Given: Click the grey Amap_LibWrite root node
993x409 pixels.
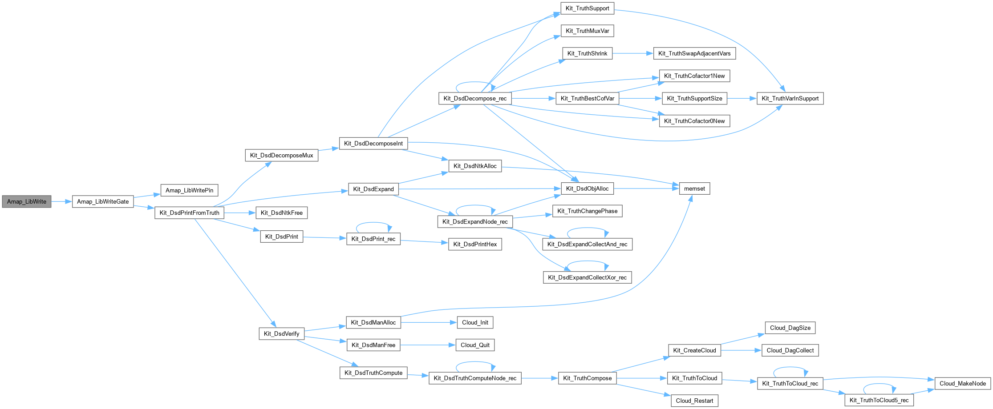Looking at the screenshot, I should point(27,201).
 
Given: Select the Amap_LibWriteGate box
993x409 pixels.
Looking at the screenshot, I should point(103,201).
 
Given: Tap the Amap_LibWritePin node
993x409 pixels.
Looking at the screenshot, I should point(189,190).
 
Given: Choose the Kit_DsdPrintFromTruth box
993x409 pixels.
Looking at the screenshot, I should point(189,213).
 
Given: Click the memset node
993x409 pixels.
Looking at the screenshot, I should point(694,188).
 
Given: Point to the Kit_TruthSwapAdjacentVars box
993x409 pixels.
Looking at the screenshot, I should point(694,53).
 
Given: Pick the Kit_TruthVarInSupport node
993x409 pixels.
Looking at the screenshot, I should point(790,98).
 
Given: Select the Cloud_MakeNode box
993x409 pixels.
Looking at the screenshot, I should point(963,383).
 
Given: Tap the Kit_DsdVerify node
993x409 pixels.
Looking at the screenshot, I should point(281,333).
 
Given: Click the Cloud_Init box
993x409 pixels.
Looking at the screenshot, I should point(475,322).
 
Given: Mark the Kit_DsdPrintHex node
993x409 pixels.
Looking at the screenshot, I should point(475,244).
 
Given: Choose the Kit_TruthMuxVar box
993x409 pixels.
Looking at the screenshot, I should point(587,31).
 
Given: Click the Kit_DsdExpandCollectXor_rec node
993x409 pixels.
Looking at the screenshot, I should point(587,277).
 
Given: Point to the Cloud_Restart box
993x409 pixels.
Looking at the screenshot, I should point(694,401).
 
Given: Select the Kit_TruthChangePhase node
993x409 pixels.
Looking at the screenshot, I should point(587,211).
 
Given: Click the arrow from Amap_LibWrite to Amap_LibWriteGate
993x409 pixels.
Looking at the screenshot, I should point(61,201).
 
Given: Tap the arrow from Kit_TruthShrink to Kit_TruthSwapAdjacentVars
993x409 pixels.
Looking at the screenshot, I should point(632,53).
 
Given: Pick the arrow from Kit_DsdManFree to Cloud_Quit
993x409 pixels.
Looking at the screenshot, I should point(427,345).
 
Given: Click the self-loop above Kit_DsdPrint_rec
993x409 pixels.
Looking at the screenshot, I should point(374,223).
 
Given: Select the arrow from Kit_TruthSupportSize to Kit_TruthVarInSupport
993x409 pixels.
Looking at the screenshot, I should point(742,98).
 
